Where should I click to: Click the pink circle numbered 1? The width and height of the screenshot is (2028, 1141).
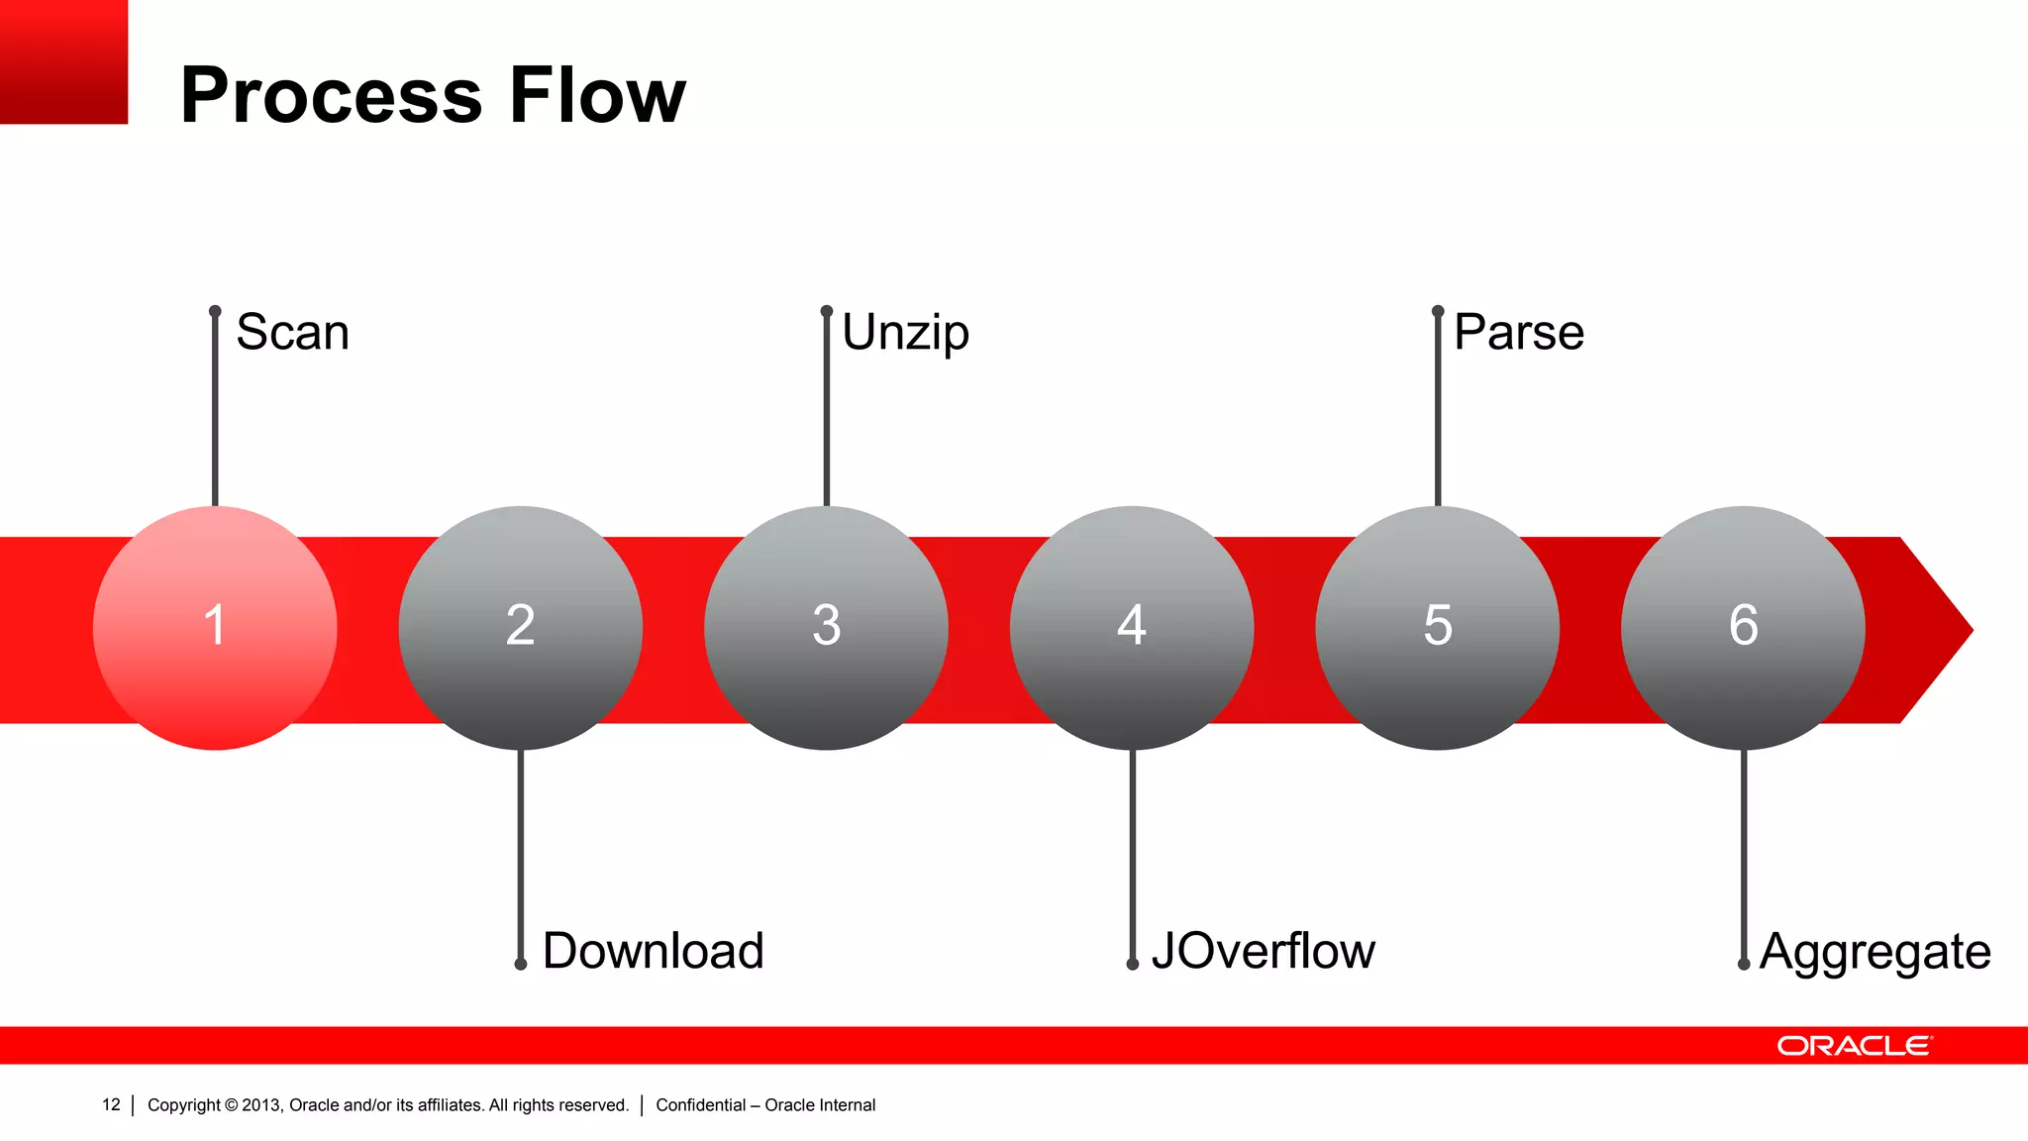click(x=215, y=628)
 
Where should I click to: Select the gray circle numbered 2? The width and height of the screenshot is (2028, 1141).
click(x=521, y=628)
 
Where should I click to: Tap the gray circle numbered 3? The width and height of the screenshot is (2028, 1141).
click(x=826, y=628)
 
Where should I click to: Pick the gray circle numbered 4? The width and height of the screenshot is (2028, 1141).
click(x=1132, y=628)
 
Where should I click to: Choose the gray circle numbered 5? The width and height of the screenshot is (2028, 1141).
click(x=1438, y=628)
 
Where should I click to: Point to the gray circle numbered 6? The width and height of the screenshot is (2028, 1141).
click(x=1743, y=628)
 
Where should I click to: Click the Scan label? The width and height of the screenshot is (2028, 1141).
click(x=293, y=333)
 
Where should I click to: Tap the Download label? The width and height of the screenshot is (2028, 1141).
click(x=654, y=951)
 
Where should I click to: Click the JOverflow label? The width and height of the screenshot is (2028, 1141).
click(x=1264, y=951)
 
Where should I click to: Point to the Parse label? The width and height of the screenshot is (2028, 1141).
click(x=1519, y=333)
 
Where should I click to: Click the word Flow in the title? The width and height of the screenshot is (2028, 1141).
click(x=597, y=95)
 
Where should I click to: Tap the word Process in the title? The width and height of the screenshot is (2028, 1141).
click(x=332, y=95)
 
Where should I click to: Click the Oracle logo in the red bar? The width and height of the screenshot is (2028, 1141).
click(x=1855, y=1046)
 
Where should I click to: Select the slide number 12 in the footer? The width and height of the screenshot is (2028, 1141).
click(x=111, y=1104)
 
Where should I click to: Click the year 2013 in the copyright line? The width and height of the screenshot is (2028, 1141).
click(x=261, y=1105)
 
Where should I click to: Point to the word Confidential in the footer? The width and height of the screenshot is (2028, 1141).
click(x=700, y=1105)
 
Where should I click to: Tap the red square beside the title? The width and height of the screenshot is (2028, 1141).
click(x=63, y=61)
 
